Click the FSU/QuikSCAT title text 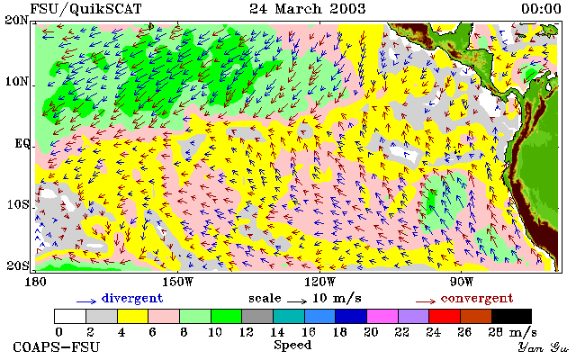coord(85,9)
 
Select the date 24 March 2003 coord(308,9)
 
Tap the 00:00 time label coord(541,9)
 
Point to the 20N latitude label coord(16,20)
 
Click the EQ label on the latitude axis coord(22,144)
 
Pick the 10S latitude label coord(17,204)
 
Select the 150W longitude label coord(178,282)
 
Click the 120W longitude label coord(319,282)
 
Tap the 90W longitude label coord(462,282)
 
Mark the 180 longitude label coord(35,282)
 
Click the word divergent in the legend coord(132,299)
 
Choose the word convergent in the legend coord(477,299)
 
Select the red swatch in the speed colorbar coord(445,317)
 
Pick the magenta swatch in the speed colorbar coord(382,317)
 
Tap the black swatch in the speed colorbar coord(511,317)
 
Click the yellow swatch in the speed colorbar coord(132,317)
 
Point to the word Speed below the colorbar coord(292,345)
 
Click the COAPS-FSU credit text coord(57,347)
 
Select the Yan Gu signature coord(544,347)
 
